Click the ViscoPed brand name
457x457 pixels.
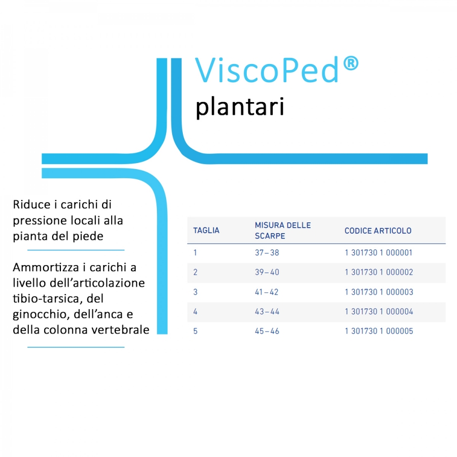(267, 70)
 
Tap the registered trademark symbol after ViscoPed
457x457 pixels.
(350, 63)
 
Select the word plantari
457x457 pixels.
(240, 107)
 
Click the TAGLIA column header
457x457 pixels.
(206, 230)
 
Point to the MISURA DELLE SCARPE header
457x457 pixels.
(283, 230)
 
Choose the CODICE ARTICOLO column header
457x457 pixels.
(378, 231)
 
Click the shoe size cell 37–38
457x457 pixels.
(267, 252)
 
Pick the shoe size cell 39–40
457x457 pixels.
(267, 272)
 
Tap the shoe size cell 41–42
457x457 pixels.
(267, 292)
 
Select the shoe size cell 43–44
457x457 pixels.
(267, 312)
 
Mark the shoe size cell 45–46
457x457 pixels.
(267, 331)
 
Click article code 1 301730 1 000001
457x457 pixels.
(378, 252)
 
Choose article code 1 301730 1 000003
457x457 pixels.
(379, 292)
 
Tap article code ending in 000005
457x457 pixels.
(379, 331)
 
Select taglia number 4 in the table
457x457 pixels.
(195, 312)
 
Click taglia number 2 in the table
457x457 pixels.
(195, 272)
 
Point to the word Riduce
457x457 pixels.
(32, 204)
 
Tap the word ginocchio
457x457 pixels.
(41, 314)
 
